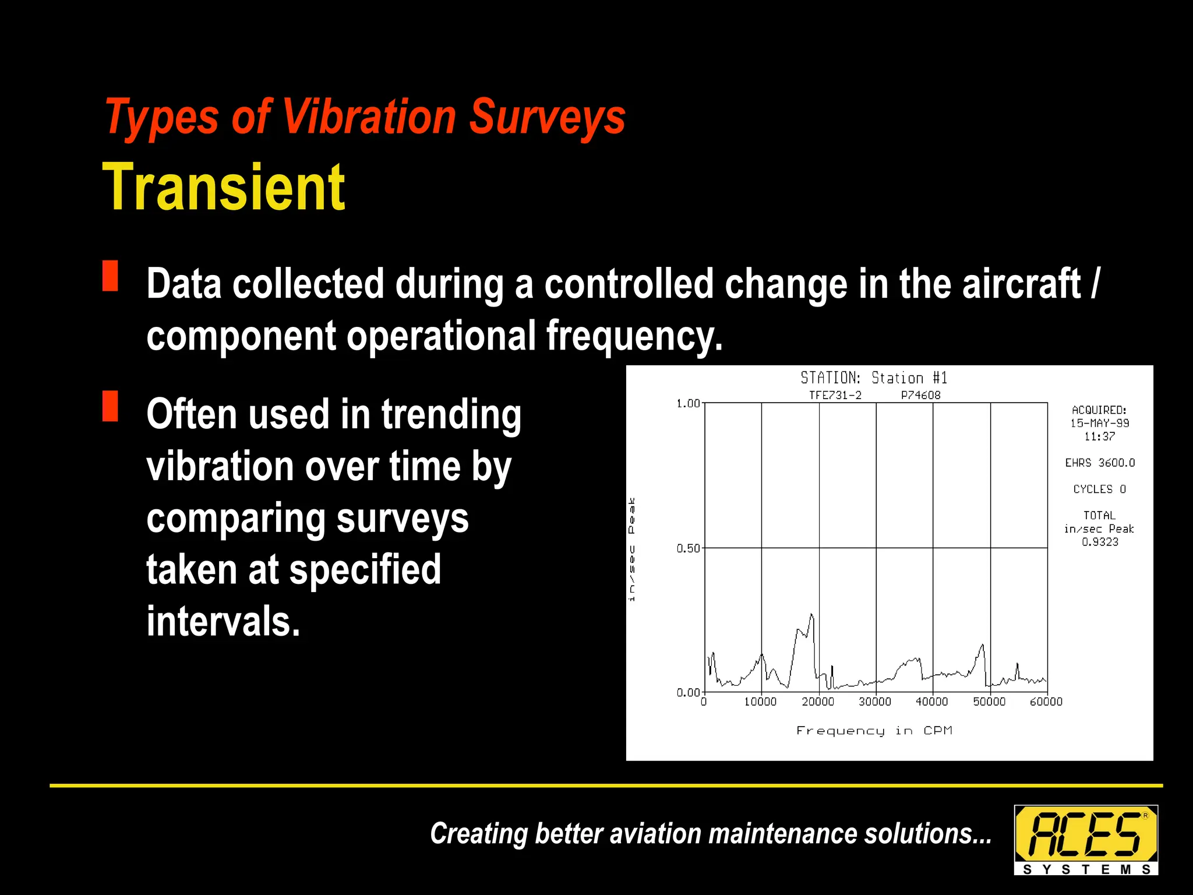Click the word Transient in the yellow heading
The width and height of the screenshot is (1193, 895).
[224, 188]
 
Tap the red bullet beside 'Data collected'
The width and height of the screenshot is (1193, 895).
[110, 276]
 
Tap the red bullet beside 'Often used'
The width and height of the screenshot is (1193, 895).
[110, 406]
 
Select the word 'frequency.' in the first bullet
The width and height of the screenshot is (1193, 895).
[634, 336]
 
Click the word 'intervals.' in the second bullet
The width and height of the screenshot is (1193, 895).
[223, 621]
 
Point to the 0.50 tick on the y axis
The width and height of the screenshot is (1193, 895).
[688, 548]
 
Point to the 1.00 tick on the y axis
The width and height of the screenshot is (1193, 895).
[688, 403]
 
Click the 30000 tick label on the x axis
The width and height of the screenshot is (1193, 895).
[875, 702]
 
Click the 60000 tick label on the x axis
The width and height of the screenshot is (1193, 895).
[1046, 702]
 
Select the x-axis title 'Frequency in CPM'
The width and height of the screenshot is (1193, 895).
[874, 731]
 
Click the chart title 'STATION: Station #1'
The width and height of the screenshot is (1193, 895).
[874, 378]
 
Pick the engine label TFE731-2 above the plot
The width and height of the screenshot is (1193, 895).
[835, 396]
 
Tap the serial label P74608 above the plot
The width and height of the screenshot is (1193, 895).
[920, 396]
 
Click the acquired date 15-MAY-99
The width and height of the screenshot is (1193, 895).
[1099, 424]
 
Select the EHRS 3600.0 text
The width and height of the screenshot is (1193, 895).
[1100, 463]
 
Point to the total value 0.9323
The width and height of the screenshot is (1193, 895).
[1100, 542]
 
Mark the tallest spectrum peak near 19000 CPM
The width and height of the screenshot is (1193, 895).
[811, 615]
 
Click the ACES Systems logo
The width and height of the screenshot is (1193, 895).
[1086, 840]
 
